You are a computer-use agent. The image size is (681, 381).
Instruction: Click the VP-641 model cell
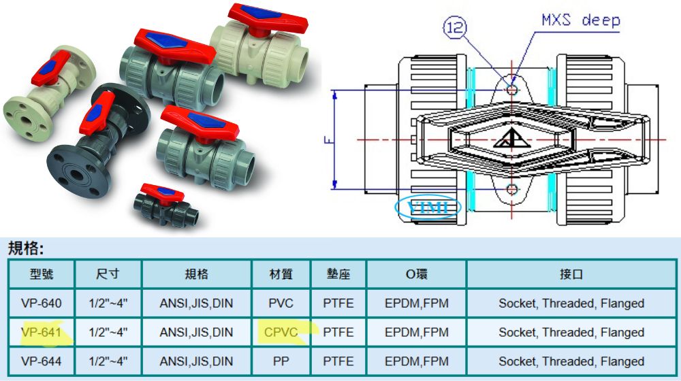[x=42, y=333]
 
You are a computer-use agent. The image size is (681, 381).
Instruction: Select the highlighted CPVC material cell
[x=281, y=333]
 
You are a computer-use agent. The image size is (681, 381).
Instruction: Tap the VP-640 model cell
[x=42, y=303]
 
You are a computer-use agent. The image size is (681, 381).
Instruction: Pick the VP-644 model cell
[x=42, y=361]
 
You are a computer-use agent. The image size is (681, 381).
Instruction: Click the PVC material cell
[x=281, y=303]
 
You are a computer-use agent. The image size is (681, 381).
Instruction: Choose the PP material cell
[x=281, y=361]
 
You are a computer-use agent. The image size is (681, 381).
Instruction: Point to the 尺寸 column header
[x=108, y=274]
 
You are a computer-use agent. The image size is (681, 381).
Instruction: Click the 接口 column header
[x=571, y=274]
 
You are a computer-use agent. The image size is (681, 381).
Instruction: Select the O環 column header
[x=417, y=274]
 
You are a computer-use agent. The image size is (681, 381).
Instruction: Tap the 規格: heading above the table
[x=26, y=248]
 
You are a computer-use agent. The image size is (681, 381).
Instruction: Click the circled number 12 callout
[x=455, y=28]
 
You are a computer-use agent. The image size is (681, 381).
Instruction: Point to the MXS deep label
[x=581, y=20]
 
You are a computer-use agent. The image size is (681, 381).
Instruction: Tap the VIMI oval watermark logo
[x=428, y=208]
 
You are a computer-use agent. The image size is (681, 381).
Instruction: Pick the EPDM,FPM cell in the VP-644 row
[x=417, y=361]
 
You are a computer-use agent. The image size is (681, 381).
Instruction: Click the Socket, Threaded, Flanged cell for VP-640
[x=571, y=303]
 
